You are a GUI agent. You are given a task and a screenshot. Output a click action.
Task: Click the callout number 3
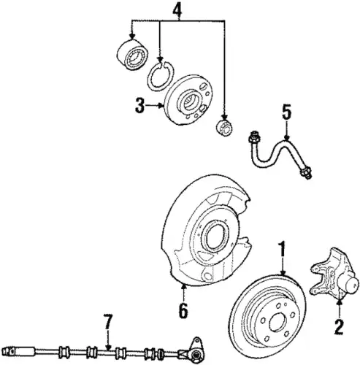[140, 106]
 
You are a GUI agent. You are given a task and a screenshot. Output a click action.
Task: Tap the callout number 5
[287, 112]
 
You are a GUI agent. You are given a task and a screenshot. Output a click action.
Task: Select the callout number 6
[183, 310]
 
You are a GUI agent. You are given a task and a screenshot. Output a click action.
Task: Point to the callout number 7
[108, 323]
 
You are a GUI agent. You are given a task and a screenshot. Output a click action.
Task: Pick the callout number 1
[282, 249]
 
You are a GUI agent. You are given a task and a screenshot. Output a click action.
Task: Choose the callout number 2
[339, 327]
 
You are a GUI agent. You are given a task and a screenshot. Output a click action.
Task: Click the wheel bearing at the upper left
[131, 54]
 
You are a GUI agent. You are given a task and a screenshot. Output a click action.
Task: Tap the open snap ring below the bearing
[161, 76]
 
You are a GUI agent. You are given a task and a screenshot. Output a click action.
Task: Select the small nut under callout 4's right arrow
[224, 127]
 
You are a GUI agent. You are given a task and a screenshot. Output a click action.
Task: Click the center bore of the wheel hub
[189, 102]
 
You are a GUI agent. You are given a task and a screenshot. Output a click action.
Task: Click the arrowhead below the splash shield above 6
[183, 287]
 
